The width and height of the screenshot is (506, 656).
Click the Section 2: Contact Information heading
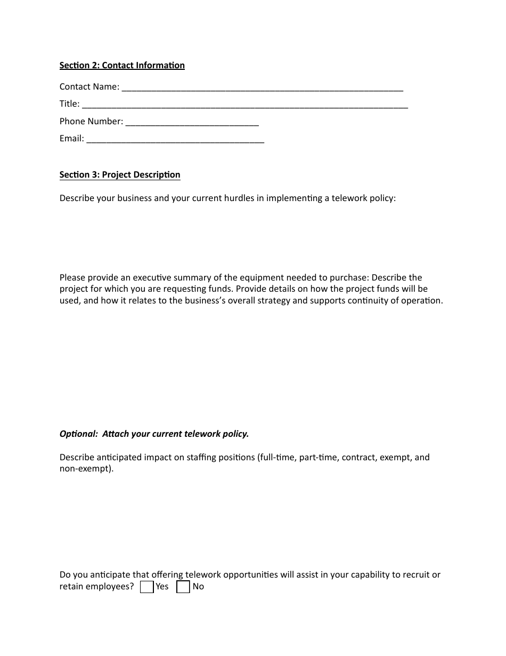point(122,66)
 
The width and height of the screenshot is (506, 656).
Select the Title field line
point(245,105)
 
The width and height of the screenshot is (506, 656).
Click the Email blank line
point(175,140)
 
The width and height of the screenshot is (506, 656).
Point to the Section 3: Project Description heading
point(120,175)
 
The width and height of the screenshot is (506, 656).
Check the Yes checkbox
point(147,587)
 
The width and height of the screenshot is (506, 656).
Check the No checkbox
point(183,587)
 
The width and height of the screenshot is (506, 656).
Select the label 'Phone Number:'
point(91,122)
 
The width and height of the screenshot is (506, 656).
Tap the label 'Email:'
point(72,139)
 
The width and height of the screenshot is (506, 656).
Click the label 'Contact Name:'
point(89,87)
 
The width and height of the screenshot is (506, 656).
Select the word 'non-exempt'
point(85,469)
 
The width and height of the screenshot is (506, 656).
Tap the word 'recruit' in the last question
point(413,575)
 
